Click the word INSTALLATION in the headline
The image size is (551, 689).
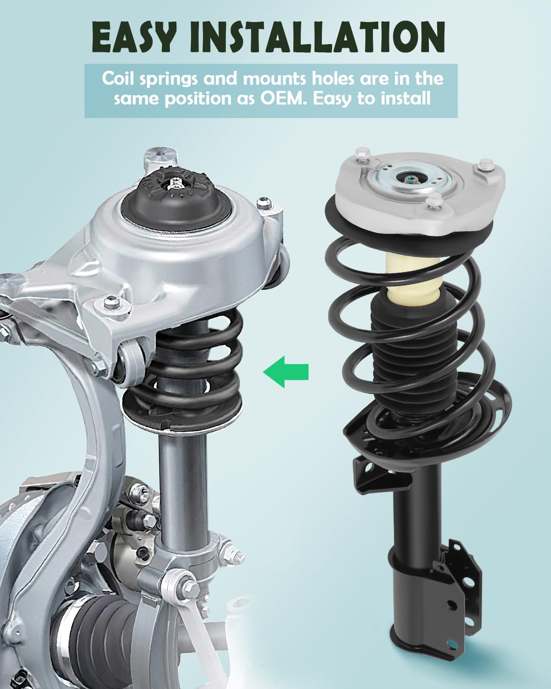[317, 37]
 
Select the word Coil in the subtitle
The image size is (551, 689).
[118, 79]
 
